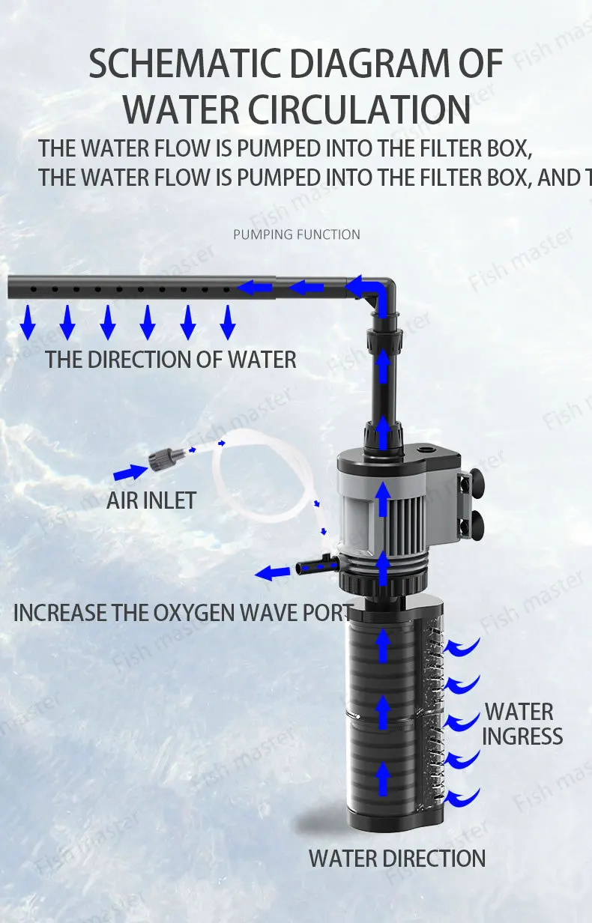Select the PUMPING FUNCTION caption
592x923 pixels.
coord(296,234)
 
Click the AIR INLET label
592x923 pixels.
coord(151,500)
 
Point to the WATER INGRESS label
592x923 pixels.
coord(522,724)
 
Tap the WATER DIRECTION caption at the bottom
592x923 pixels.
coord(397,858)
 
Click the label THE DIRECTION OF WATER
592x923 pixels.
coord(171,360)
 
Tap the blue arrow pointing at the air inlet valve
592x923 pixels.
coord(130,472)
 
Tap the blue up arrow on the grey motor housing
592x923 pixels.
coord(383,500)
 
